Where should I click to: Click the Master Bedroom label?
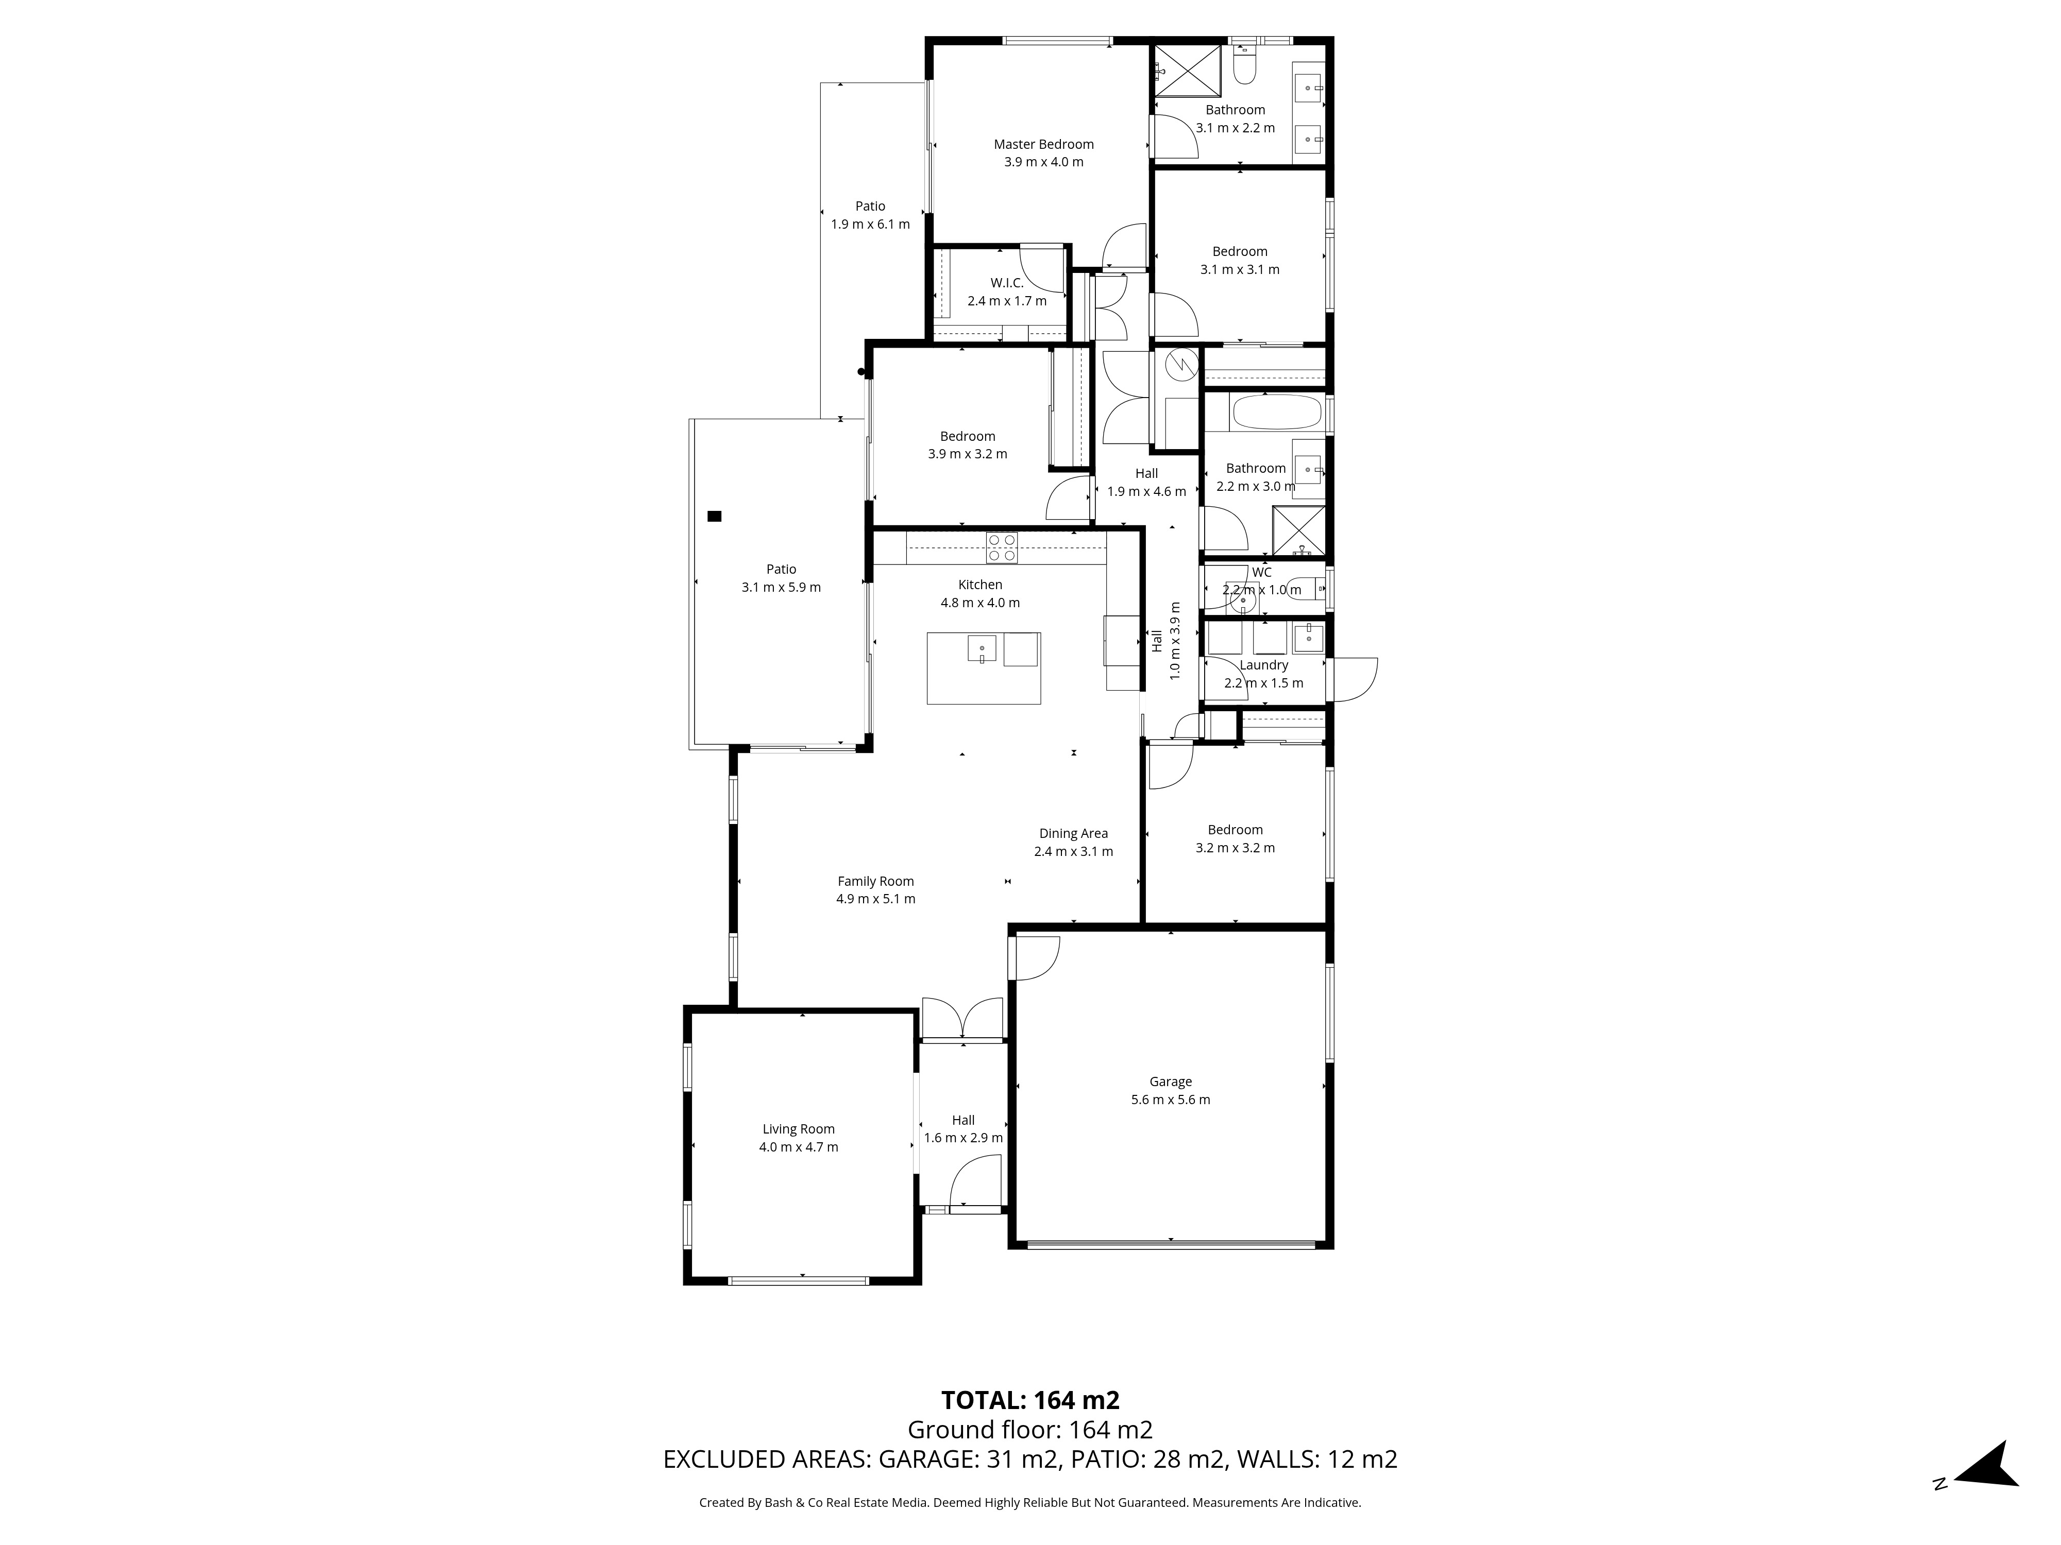coord(1043,144)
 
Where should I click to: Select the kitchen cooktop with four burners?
coord(1002,546)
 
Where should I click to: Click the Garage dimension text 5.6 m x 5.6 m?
coord(1170,1100)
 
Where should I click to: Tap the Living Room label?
coord(799,1129)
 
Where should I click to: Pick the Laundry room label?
coord(1263,665)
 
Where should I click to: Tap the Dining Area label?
coord(1073,833)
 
